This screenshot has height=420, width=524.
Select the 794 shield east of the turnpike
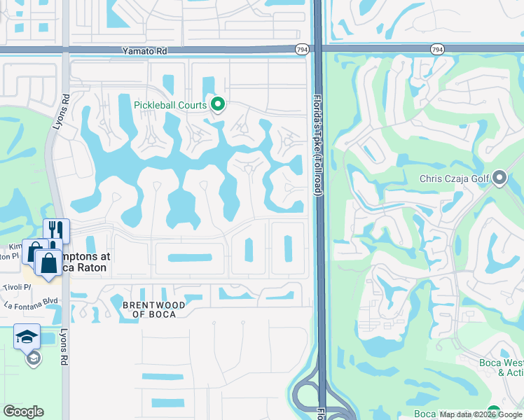coord(437,50)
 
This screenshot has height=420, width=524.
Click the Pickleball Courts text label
coord(170,106)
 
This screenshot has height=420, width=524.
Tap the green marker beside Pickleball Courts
coord(218,105)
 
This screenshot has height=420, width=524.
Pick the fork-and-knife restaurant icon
coord(56,230)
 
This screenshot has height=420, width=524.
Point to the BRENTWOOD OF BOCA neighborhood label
coord(154,309)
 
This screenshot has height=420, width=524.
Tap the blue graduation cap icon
coord(27,337)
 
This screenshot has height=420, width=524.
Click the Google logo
coord(23,412)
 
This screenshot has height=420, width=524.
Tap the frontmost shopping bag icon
coord(48,263)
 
